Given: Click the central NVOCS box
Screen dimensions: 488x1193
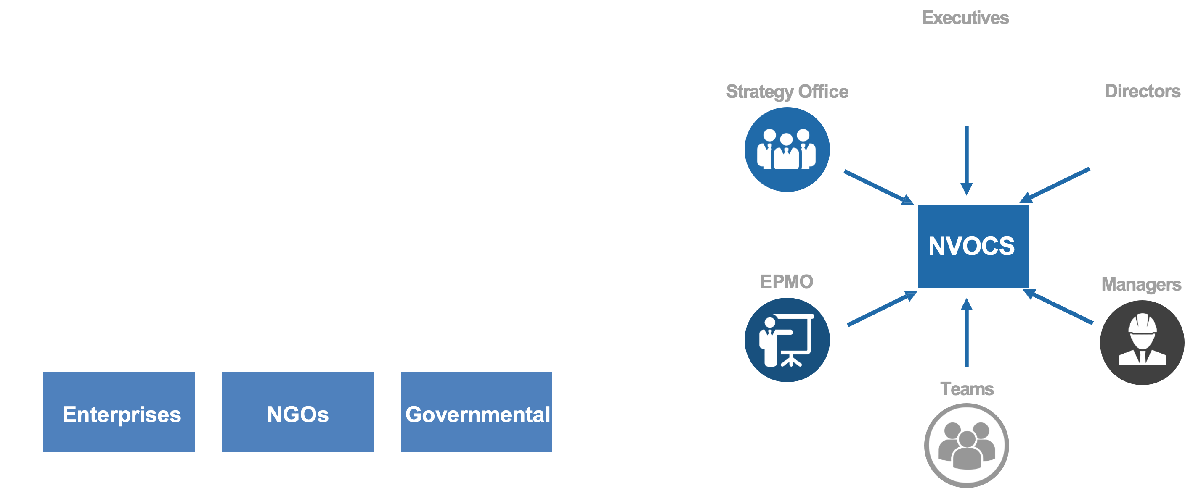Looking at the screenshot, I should click(973, 246).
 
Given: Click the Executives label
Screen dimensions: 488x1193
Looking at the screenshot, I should click(965, 18).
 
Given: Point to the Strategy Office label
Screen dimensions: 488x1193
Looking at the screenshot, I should click(787, 92).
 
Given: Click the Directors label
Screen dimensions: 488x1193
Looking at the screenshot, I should click(1142, 91).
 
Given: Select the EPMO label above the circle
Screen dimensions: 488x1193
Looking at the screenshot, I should click(786, 281).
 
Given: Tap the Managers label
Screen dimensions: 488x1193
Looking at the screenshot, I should click(1141, 284).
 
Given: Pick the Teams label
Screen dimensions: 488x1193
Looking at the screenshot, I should click(967, 389).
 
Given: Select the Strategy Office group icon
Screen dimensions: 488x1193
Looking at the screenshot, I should click(787, 150).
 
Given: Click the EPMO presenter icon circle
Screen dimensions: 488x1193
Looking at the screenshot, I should click(787, 340).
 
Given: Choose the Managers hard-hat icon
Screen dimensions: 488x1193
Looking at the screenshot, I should click(1142, 342).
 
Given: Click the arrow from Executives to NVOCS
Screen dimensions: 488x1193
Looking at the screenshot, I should click(966, 160).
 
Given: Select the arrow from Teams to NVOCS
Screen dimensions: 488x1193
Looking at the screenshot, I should click(966, 333).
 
